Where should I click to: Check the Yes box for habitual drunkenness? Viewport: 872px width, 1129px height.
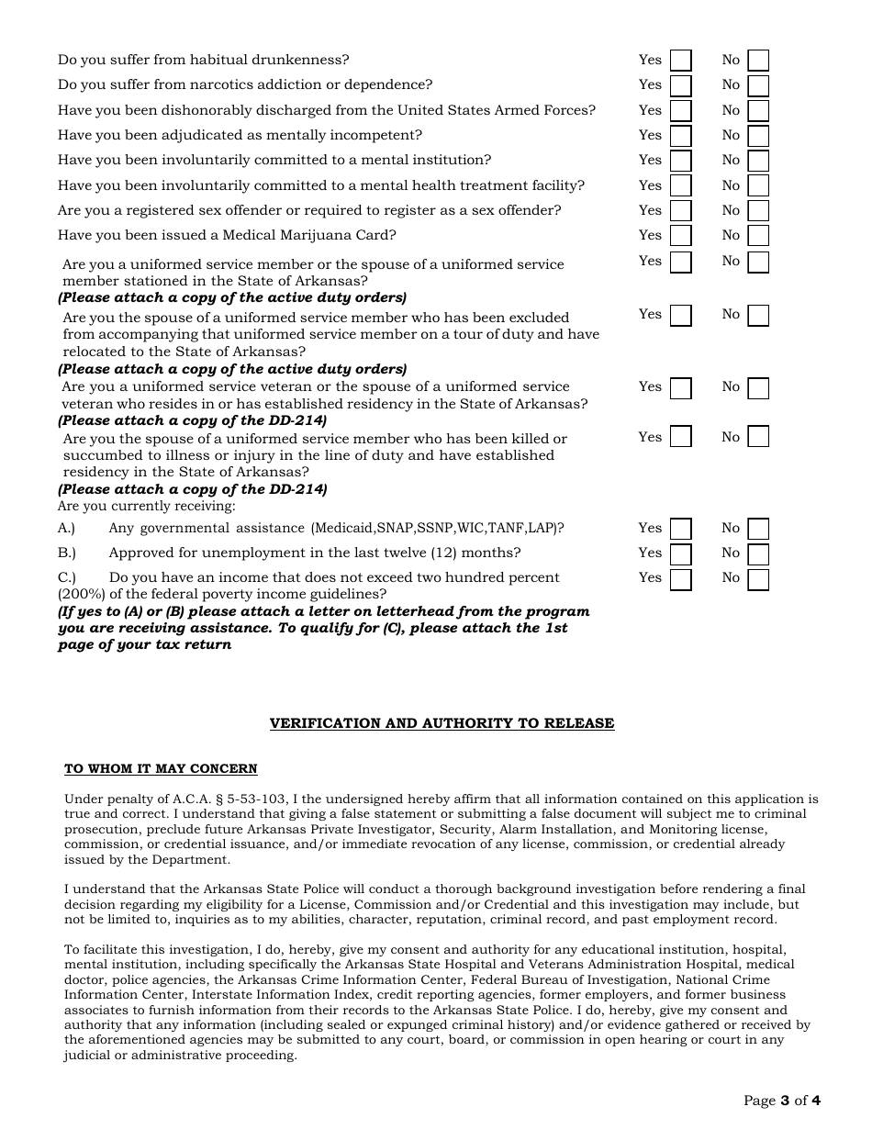pyautogui.click(x=680, y=61)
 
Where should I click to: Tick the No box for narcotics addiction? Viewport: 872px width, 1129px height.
pyautogui.click(x=758, y=85)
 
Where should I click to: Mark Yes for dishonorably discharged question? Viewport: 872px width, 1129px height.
pyautogui.click(x=680, y=111)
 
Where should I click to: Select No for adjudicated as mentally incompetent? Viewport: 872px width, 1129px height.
pyautogui.click(x=758, y=136)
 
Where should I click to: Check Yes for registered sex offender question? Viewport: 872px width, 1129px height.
pyautogui.click(x=680, y=211)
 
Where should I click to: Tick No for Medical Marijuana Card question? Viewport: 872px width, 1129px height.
pyautogui.click(x=758, y=236)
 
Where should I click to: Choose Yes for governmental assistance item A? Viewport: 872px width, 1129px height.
pyautogui.click(x=680, y=529)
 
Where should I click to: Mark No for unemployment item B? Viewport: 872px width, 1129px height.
pyautogui.click(x=758, y=553)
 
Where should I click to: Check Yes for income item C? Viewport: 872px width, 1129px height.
pyautogui.click(x=680, y=578)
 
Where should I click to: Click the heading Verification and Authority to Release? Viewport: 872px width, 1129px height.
pyautogui.click(x=442, y=723)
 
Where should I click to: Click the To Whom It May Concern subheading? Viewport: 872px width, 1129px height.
pyautogui.click(x=161, y=769)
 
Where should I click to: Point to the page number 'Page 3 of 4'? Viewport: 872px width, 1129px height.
pyautogui.click(x=781, y=1101)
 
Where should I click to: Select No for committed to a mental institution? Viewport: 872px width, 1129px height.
pyautogui.click(x=758, y=161)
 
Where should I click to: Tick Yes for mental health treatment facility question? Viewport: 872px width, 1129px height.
pyautogui.click(x=680, y=186)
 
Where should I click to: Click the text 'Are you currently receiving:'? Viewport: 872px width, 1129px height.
pyautogui.click(x=147, y=506)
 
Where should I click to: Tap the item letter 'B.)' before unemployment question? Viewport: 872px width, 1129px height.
pyautogui.click(x=67, y=553)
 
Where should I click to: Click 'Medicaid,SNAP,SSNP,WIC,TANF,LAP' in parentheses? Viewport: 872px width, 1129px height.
pyautogui.click(x=437, y=529)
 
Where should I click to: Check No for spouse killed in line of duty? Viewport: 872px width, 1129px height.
pyautogui.click(x=758, y=436)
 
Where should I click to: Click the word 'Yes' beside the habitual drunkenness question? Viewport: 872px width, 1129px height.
pyautogui.click(x=650, y=60)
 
